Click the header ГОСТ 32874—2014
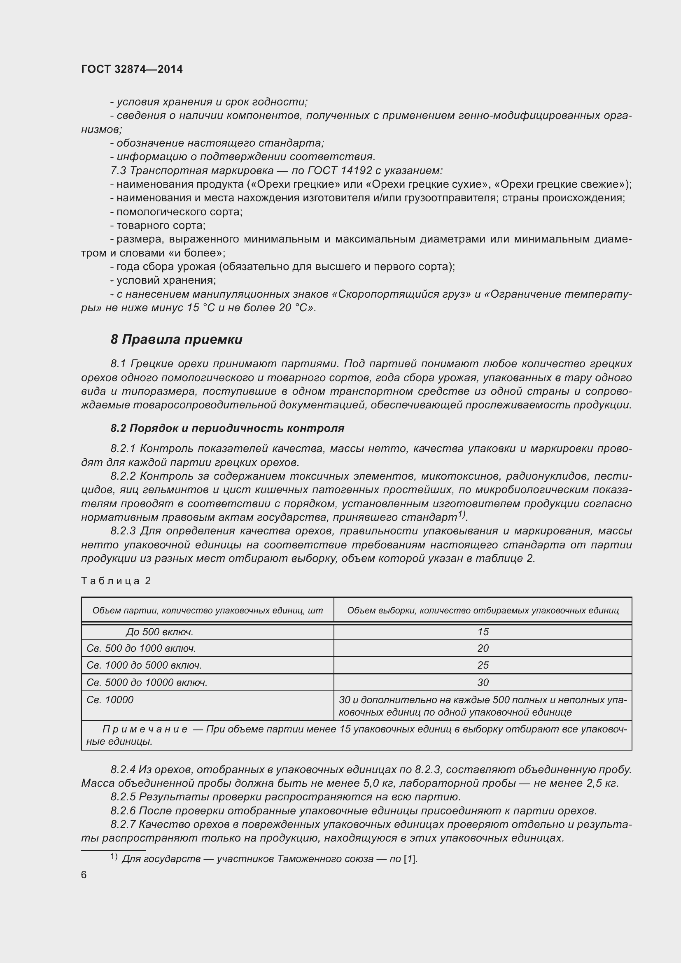point(132,69)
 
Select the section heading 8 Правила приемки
point(176,339)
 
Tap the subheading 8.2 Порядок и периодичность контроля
point(227,428)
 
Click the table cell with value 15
point(483,632)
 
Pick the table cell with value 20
point(483,648)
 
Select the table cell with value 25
point(483,665)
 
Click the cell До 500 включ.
point(159,632)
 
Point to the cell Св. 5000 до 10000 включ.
point(147,682)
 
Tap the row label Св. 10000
point(110,700)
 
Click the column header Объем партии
point(207,610)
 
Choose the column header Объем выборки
point(483,610)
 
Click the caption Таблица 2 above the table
point(116,581)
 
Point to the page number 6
point(84,874)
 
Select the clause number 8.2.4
point(123,769)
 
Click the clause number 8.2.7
point(123,824)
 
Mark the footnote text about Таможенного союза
point(269,858)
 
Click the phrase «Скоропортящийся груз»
point(401,294)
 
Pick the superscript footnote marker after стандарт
point(461,514)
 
